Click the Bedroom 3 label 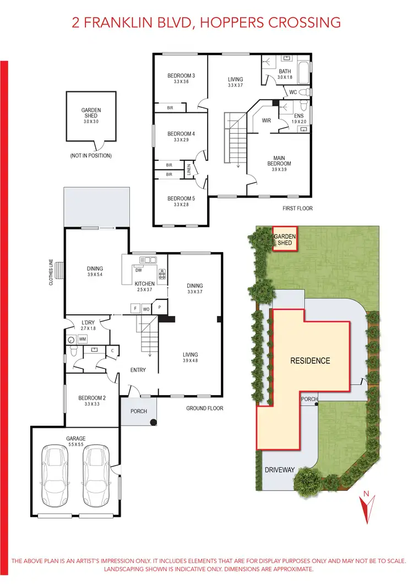pyautogui.click(x=181, y=76)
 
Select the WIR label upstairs pyautogui.click(x=267, y=120)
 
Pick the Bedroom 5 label pyautogui.click(x=181, y=198)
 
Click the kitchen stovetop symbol pyautogui.click(x=162, y=272)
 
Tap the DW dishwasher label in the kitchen pyautogui.click(x=139, y=270)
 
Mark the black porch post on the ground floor pyautogui.click(x=154, y=423)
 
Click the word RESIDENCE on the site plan pyautogui.click(x=310, y=361)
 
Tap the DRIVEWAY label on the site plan pyautogui.click(x=280, y=470)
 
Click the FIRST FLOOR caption pyautogui.click(x=297, y=209)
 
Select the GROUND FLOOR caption pyautogui.click(x=204, y=408)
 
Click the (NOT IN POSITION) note pyautogui.click(x=91, y=156)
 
